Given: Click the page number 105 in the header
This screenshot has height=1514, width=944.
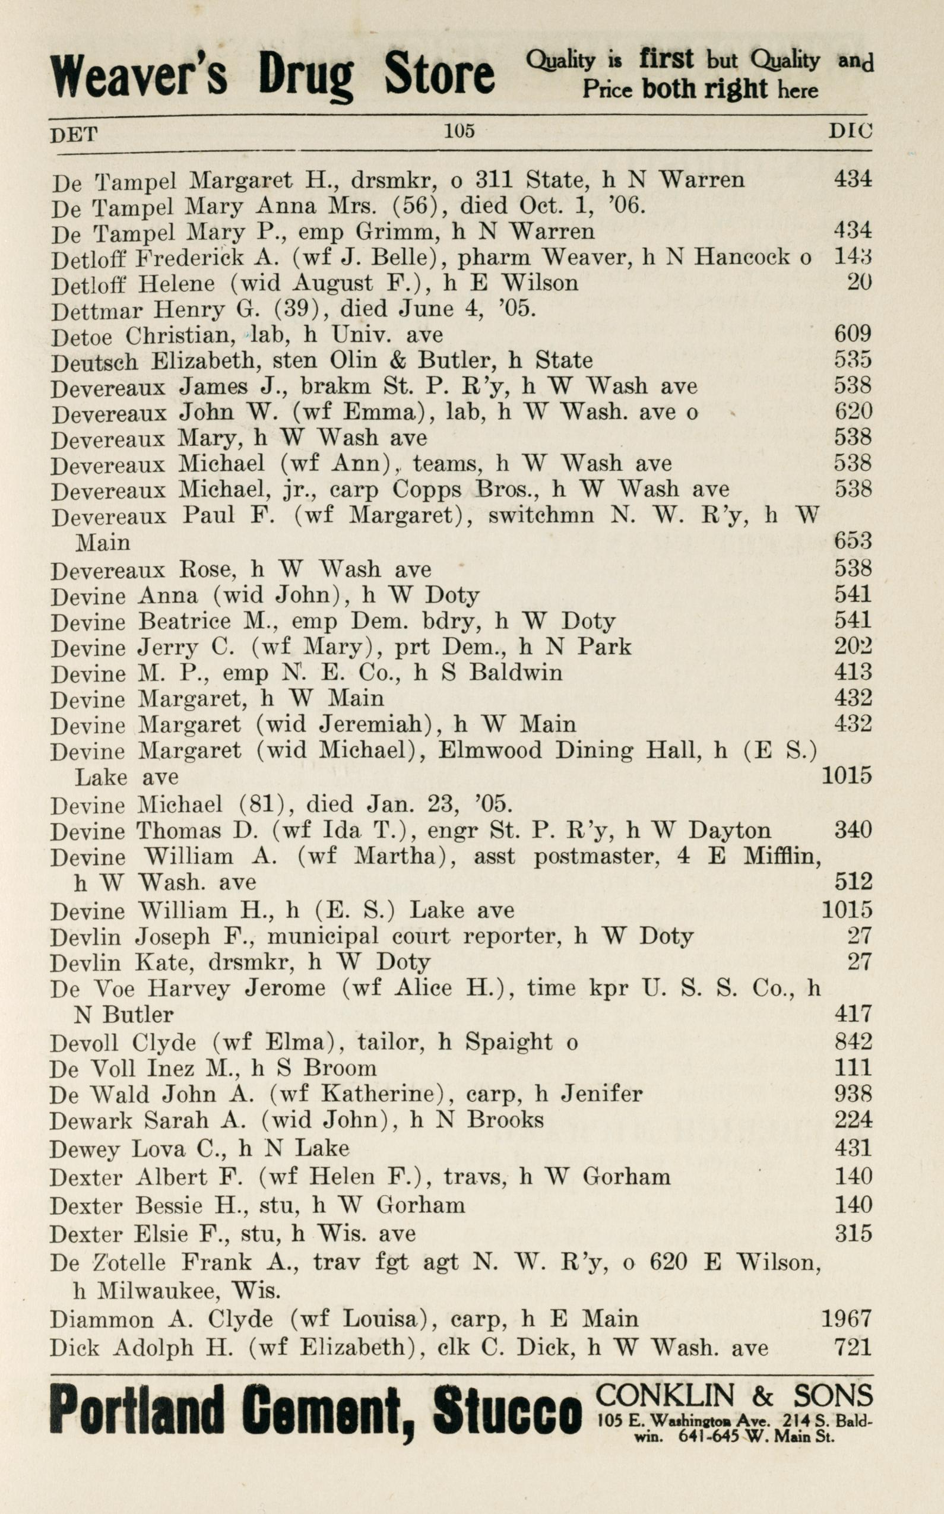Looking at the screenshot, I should (459, 131).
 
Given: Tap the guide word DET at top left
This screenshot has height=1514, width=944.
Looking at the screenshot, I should (74, 134).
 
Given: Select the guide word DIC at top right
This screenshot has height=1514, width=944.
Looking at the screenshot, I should (850, 131).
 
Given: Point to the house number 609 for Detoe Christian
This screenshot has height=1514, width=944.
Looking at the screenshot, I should (852, 334).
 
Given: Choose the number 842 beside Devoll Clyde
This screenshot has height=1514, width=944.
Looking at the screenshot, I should (852, 1041).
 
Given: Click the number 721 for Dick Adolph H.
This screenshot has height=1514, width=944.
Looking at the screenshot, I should (852, 1347).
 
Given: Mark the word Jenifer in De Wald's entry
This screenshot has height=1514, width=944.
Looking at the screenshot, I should (601, 1094).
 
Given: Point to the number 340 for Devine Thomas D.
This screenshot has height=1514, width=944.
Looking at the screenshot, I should (852, 831).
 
